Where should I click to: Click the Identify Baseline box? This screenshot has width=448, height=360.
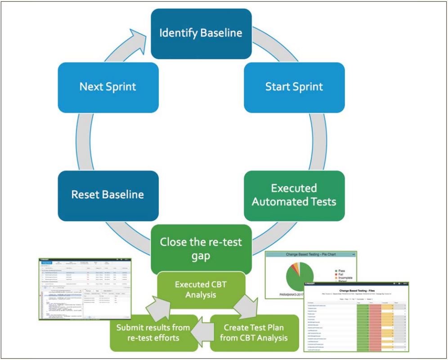pyautogui.click(x=201, y=34)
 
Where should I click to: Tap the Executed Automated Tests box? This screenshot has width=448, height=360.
pyautogui.click(x=294, y=195)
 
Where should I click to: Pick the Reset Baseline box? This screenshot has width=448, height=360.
pyautogui.click(x=108, y=195)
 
